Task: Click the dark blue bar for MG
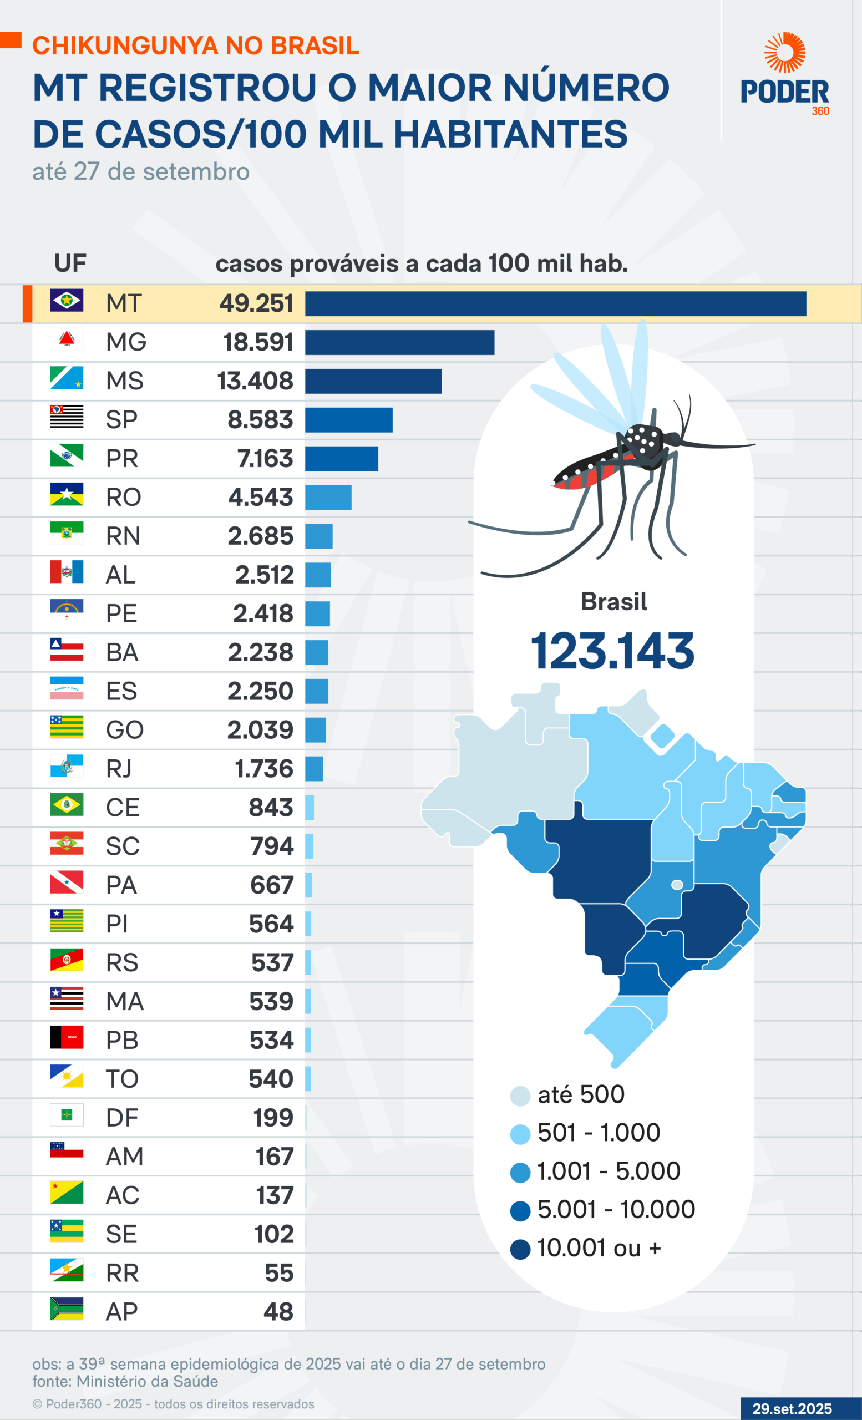point(399,342)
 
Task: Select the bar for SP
point(348,419)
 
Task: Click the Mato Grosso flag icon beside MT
point(66,300)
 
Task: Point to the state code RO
point(123,498)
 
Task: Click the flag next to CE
point(66,804)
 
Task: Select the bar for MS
point(373,381)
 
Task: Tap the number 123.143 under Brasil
point(612,651)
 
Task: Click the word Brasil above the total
point(613,602)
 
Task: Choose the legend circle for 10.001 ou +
point(520,1249)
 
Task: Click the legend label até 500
point(581,1094)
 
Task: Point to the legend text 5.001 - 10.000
point(616,1210)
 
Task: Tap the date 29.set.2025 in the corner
point(792,1408)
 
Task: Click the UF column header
point(70,263)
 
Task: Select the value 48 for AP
point(278,1312)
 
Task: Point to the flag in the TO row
point(66,1076)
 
